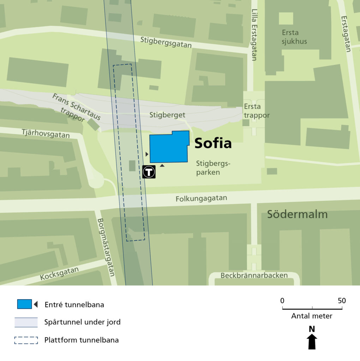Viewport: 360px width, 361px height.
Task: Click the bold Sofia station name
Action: pyautogui.click(x=213, y=143)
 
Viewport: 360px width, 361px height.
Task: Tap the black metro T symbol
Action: pyautogui.click(x=149, y=172)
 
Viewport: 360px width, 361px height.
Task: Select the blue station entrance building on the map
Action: pyautogui.click(x=169, y=147)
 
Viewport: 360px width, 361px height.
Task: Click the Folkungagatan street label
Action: pyautogui.click(x=201, y=199)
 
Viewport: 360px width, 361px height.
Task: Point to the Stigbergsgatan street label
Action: pyautogui.click(x=166, y=42)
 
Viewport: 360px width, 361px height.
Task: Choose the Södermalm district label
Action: pyautogui.click(x=297, y=214)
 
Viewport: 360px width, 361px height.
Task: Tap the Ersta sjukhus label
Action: pyautogui.click(x=294, y=37)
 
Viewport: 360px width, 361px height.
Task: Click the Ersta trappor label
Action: pyautogui.click(x=257, y=111)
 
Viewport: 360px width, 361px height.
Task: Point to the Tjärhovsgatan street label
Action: pyautogui.click(x=46, y=133)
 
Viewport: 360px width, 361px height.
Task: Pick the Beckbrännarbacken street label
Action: pyautogui.click(x=254, y=275)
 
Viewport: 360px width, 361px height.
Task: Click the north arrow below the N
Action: pyautogui.click(x=312, y=342)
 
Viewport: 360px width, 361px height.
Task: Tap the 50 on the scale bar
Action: pyautogui.click(x=342, y=301)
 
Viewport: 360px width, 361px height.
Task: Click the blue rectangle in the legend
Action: pyautogui.click(x=24, y=304)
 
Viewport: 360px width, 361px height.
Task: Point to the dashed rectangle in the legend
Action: pyautogui.click(x=26, y=340)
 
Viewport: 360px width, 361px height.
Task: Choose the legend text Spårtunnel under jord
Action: pyautogui.click(x=82, y=322)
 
